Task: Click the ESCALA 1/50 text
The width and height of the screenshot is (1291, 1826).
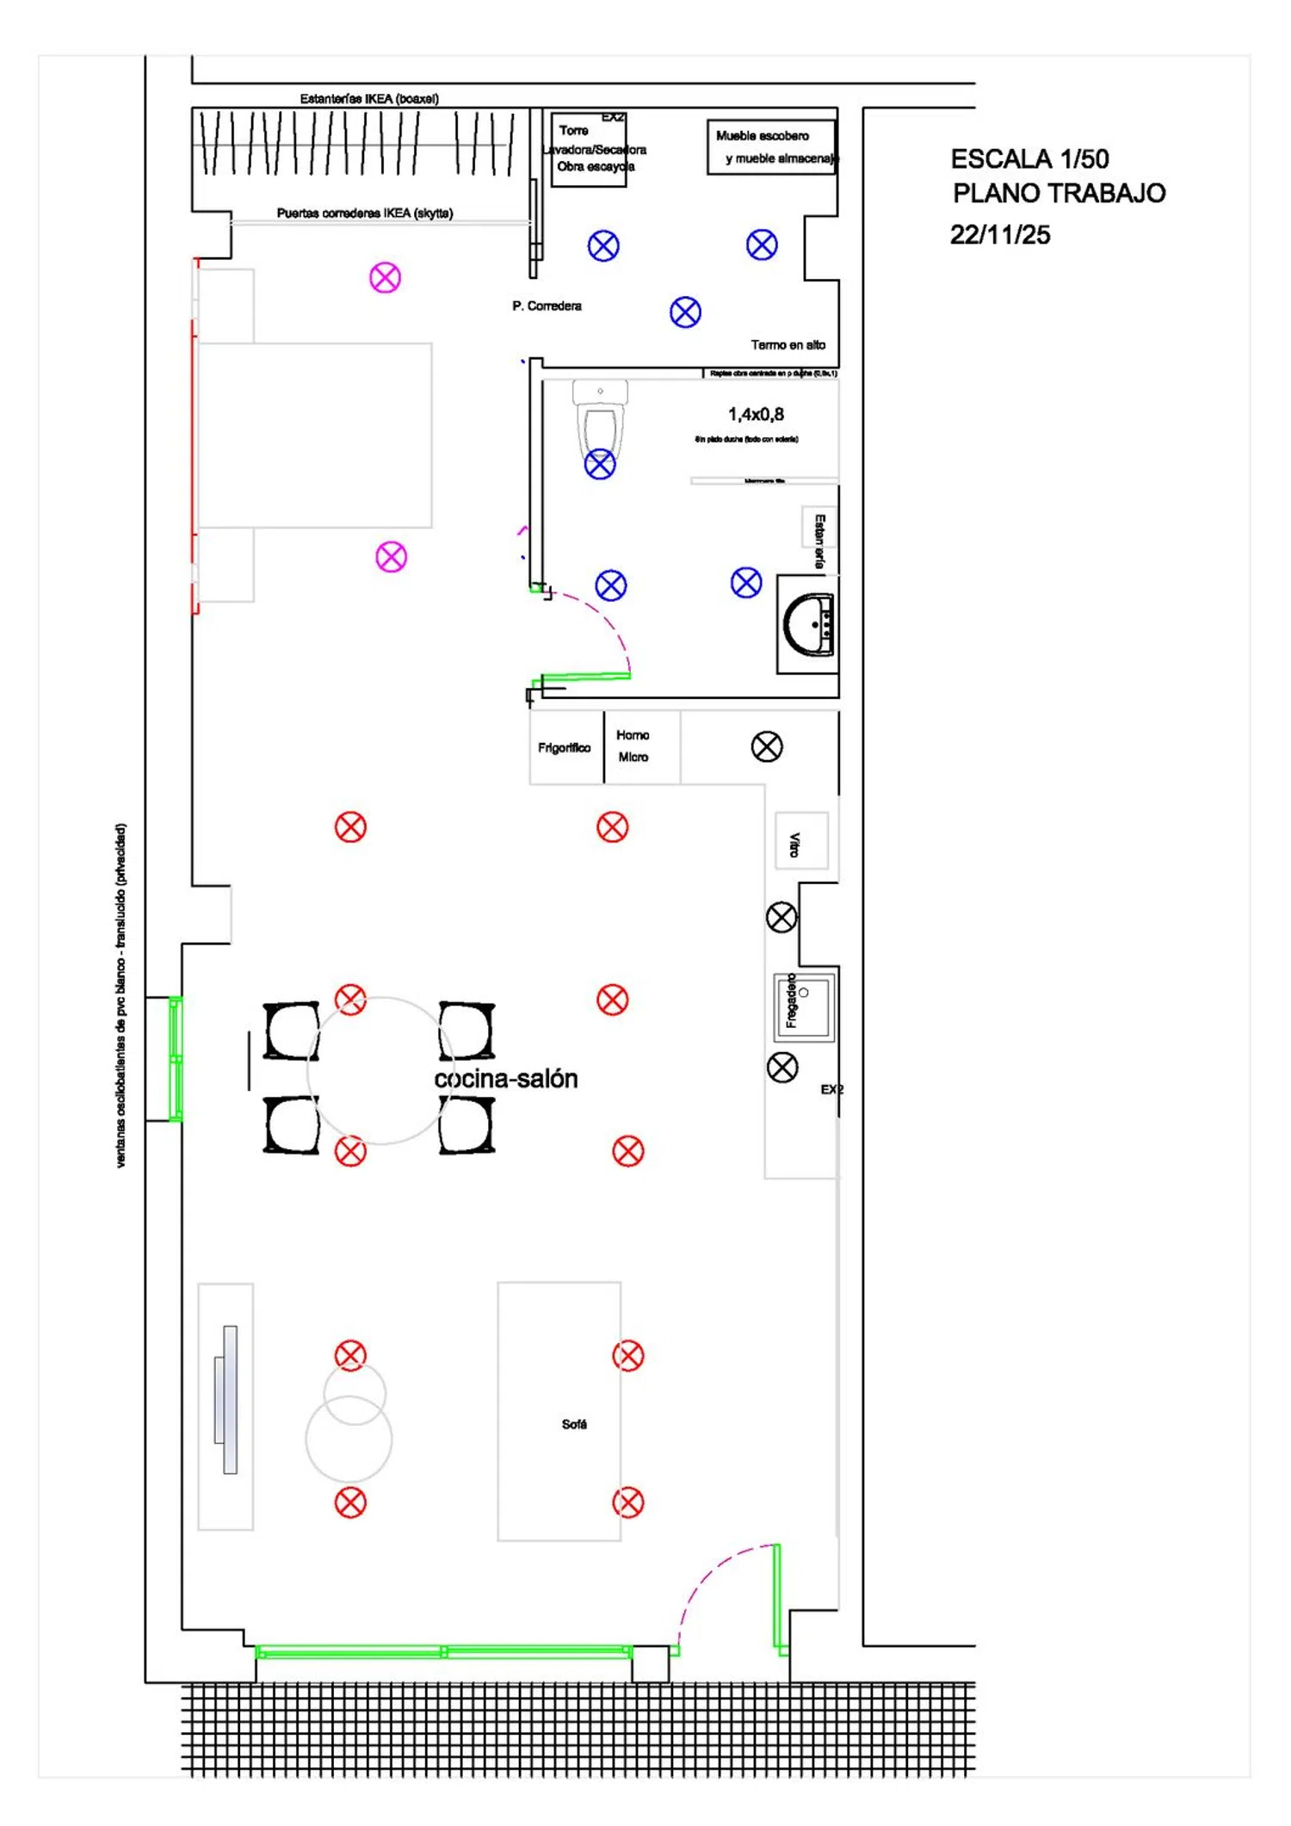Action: coord(1029,159)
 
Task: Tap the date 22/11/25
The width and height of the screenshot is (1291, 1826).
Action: coord(1000,235)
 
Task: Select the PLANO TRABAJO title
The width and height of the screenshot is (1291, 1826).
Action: coord(1059,194)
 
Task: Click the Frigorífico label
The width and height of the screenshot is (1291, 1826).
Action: coord(565,748)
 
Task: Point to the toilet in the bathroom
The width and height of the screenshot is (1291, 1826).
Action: coord(600,422)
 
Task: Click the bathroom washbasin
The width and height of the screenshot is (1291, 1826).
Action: coord(808,625)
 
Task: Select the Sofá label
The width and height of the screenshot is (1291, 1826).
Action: coord(574,1425)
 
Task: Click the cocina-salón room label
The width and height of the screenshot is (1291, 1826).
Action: coord(505,1080)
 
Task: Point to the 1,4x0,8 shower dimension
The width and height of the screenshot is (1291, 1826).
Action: coord(756,415)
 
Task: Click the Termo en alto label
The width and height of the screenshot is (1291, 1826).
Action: coord(788,345)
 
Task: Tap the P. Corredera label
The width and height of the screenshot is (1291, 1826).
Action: coord(547,306)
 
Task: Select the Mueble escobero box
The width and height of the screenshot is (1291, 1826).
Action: coord(771,147)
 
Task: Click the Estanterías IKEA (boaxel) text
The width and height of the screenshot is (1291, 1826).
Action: coord(369,99)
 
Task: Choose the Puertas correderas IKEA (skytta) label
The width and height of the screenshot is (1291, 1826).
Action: coord(365,214)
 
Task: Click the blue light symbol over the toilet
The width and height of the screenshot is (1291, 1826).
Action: coord(600,465)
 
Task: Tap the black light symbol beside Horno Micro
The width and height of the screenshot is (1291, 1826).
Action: coord(767,747)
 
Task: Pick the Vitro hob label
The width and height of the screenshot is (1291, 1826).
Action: coord(796,845)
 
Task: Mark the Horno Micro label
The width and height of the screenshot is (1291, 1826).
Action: coord(633,746)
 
